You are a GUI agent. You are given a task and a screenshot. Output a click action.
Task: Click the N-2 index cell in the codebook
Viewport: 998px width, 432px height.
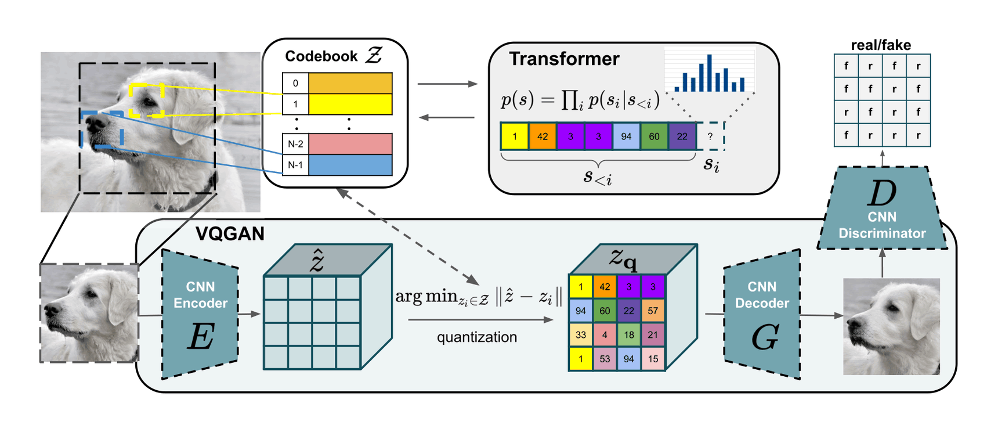click(295, 144)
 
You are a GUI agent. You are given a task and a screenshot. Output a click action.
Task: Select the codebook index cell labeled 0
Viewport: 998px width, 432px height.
click(295, 83)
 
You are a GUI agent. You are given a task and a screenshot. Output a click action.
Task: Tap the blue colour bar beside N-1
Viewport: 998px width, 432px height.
click(350, 165)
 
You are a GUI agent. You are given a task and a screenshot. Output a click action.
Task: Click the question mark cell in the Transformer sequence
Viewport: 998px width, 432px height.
click(710, 136)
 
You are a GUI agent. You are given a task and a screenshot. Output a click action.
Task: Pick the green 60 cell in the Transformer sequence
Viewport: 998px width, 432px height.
click(654, 136)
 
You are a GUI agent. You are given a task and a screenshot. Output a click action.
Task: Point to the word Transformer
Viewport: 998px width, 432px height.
click(564, 59)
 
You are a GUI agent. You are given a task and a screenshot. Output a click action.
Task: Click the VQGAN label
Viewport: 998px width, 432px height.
click(230, 233)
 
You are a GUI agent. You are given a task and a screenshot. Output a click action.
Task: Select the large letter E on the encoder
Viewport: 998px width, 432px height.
click(201, 336)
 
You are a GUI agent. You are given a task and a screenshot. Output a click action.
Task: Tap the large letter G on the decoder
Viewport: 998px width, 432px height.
click(764, 337)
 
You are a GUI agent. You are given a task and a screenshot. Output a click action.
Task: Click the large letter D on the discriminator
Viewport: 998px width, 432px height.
click(881, 193)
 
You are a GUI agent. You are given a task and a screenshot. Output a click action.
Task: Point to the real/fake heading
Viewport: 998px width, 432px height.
click(881, 45)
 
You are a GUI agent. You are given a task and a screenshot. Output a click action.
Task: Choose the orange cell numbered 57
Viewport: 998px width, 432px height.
click(653, 311)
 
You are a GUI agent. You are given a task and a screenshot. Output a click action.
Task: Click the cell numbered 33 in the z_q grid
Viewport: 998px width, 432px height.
click(581, 334)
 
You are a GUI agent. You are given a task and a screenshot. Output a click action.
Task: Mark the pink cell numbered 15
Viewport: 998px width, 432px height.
click(653, 359)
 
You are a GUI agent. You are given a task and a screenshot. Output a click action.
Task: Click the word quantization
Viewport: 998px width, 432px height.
click(477, 337)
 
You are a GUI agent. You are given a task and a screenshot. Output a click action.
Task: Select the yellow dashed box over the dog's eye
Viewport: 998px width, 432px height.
click(146, 100)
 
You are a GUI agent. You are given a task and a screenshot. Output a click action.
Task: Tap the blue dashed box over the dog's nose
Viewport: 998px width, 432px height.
click(102, 129)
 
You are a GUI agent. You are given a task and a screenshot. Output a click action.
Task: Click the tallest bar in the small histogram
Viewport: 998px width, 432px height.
click(709, 73)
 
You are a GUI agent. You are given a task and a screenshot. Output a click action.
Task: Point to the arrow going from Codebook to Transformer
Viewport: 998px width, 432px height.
click(447, 84)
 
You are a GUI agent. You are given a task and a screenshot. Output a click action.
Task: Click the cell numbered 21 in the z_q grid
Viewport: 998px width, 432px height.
click(653, 334)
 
